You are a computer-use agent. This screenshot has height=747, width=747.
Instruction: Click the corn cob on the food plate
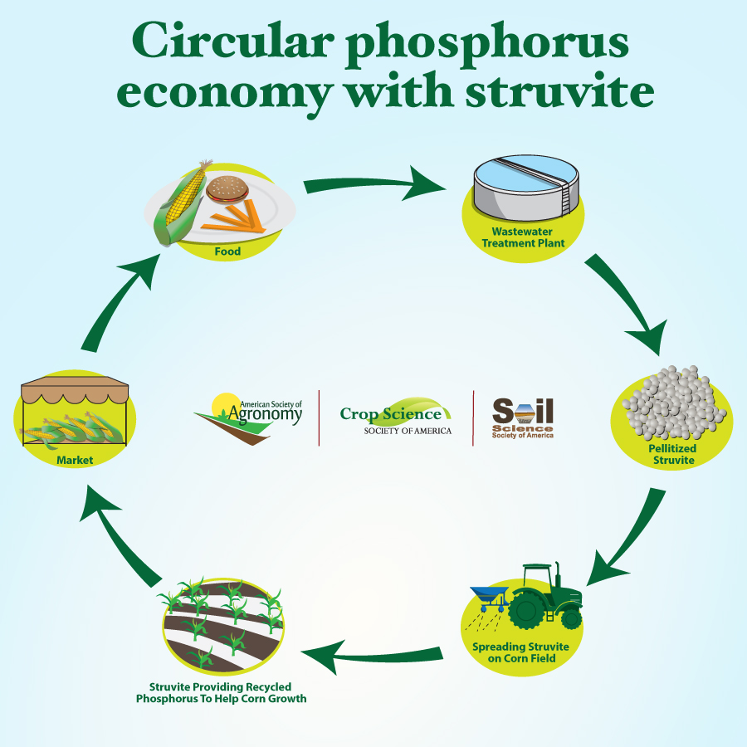[x=181, y=204]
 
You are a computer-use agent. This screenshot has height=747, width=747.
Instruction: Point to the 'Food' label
[x=227, y=251]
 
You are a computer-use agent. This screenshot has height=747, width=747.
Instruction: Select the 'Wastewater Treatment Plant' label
[x=523, y=237]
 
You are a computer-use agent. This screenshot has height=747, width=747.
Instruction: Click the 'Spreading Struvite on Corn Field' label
[x=520, y=652]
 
